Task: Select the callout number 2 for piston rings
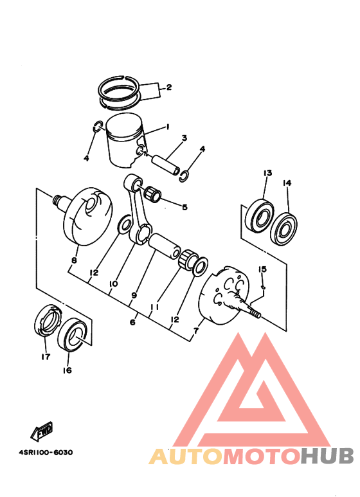168,87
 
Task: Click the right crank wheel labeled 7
226,295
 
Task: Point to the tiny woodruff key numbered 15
263,287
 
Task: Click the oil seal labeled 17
48,320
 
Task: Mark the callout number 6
132,322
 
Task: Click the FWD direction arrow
42,431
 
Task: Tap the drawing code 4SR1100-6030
46,452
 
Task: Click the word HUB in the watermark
327,456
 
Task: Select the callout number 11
154,307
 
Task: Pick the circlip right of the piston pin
184,176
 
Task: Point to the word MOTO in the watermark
262,456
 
